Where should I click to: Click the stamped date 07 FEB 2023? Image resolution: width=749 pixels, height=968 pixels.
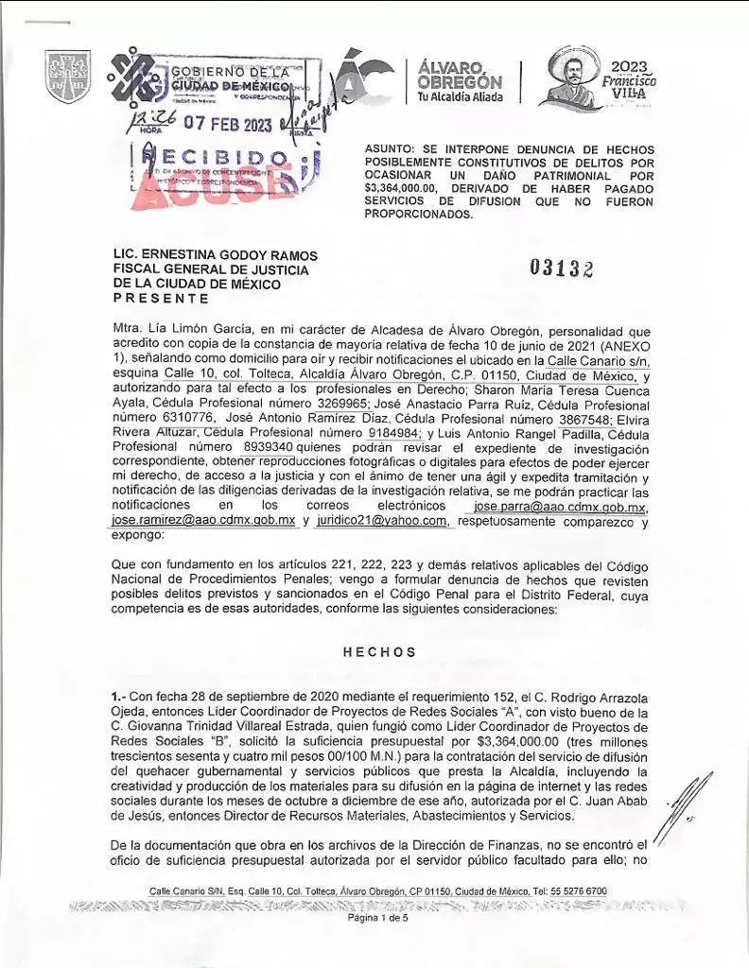(227, 125)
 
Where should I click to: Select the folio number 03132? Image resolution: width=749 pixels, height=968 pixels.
(562, 268)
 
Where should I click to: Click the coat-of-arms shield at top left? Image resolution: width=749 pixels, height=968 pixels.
(68, 77)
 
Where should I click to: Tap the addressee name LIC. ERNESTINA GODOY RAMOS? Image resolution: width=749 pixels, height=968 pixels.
(216, 256)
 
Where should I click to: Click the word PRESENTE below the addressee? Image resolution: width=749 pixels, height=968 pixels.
(160, 298)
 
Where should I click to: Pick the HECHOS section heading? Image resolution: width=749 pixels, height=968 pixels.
(379, 652)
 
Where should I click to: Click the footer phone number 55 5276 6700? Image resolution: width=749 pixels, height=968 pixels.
(574, 891)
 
